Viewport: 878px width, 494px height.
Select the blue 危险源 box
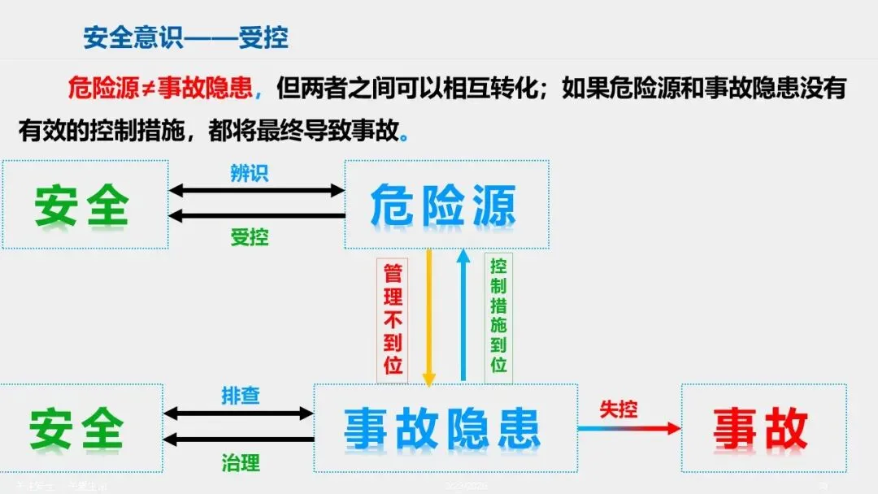(x=446, y=205)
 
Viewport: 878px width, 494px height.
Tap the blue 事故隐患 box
(x=445, y=428)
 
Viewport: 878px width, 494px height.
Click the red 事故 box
(x=763, y=428)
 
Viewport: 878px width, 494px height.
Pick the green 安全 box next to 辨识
(x=84, y=205)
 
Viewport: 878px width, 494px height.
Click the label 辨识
(x=249, y=173)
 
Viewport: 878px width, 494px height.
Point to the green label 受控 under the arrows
(x=249, y=237)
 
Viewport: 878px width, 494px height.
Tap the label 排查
(x=241, y=396)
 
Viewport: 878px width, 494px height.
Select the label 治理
(x=241, y=463)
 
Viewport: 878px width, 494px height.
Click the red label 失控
(x=618, y=409)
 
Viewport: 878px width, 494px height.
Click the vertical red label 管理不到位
(x=393, y=318)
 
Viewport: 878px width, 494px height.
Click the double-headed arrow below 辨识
(x=257, y=191)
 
